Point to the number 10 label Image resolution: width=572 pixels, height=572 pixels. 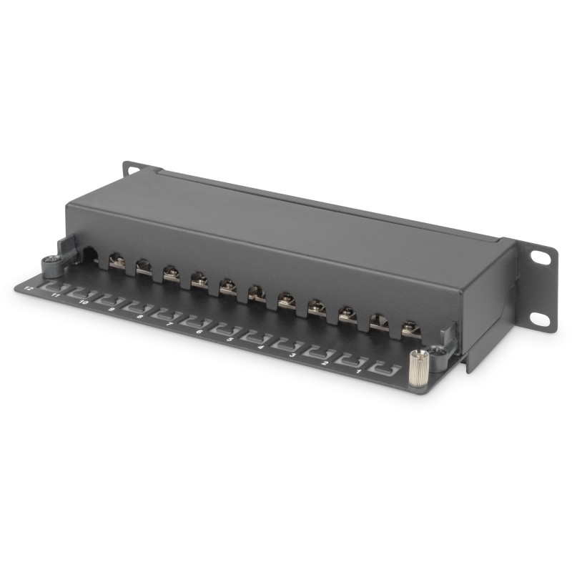(x=83, y=302)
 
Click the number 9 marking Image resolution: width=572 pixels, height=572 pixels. (x=112, y=310)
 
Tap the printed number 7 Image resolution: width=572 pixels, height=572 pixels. (x=169, y=324)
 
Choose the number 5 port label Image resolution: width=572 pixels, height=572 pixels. (x=230, y=339)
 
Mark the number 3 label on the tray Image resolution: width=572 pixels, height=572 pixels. (x=292, y=354)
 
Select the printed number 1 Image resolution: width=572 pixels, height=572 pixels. (x=357, y=371)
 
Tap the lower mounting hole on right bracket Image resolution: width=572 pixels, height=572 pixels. (x=541, y=318)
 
